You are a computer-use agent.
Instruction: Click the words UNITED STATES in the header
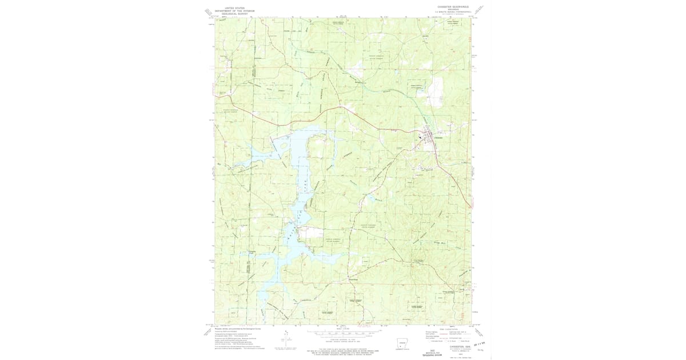[234, 8]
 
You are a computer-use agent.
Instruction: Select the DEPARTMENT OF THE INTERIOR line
[234, 11]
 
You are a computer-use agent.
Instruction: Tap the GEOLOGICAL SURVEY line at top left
[234, 14]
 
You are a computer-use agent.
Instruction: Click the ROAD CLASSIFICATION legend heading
[452, 329]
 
